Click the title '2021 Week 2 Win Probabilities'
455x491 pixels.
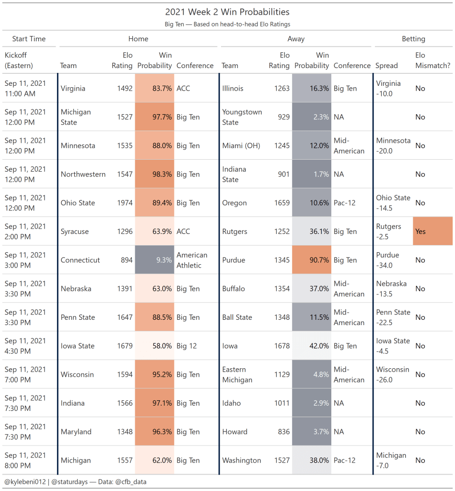pyautogui.click(x=227, y=12)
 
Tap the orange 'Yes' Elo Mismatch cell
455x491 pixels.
pyautogui.click(x=432, y=231)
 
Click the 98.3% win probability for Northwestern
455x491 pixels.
pyautogui.click(x=155, y=174)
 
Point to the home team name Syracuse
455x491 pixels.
pyautogui.click(x=75, y=232)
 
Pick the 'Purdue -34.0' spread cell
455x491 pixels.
pyautogui.click(x=388, y=260)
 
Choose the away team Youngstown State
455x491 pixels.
pyautogui.click(x=242, y=117)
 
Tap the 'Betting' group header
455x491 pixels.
pyautogui.click(x=413, y=39)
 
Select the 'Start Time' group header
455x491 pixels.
pyautogui.click(x=29, y=39)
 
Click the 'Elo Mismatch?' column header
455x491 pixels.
pyautogui.click(x=432, y=60)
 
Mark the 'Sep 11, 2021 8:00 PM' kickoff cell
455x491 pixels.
pyautogui.click(x=25, y=460)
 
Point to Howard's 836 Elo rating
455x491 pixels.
pyautogui.click(x=281, y=432)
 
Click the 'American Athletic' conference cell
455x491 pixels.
pyautogui.click(x=192, y=260)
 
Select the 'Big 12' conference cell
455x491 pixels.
pyautogui.click(x=187, y=346)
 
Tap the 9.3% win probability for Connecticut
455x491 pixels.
pyautogui.click(x=155, y=260)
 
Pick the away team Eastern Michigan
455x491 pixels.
pyautogui.click(x=237, y=374)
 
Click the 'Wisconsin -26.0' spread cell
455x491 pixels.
pyautogui.click(x=393, y=374)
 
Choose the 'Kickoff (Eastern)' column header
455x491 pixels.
pyautogui.click(x=19, y=60)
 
